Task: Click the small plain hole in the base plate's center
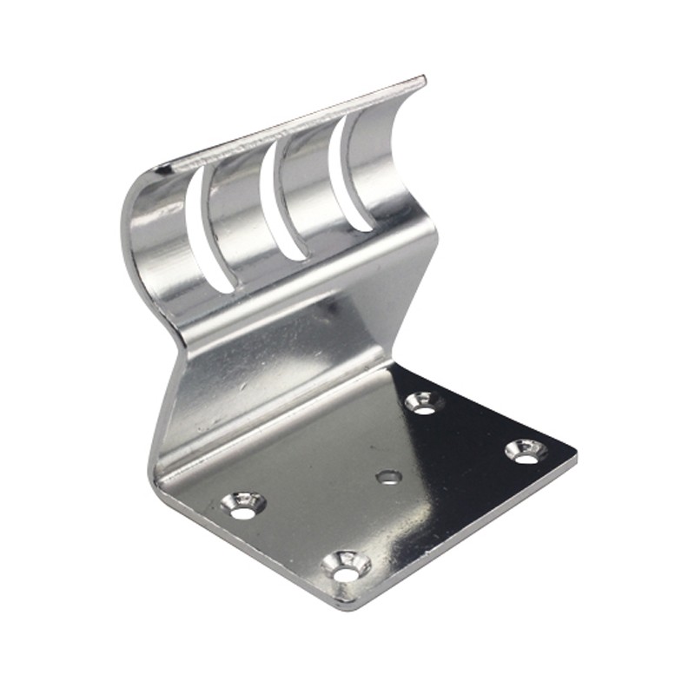click(388, 476)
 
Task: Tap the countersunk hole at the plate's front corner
click(346, 568)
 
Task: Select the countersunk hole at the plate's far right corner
click(526, 450)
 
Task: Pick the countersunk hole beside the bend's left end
click(242, 505)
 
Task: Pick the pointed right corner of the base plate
click(573, 452)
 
